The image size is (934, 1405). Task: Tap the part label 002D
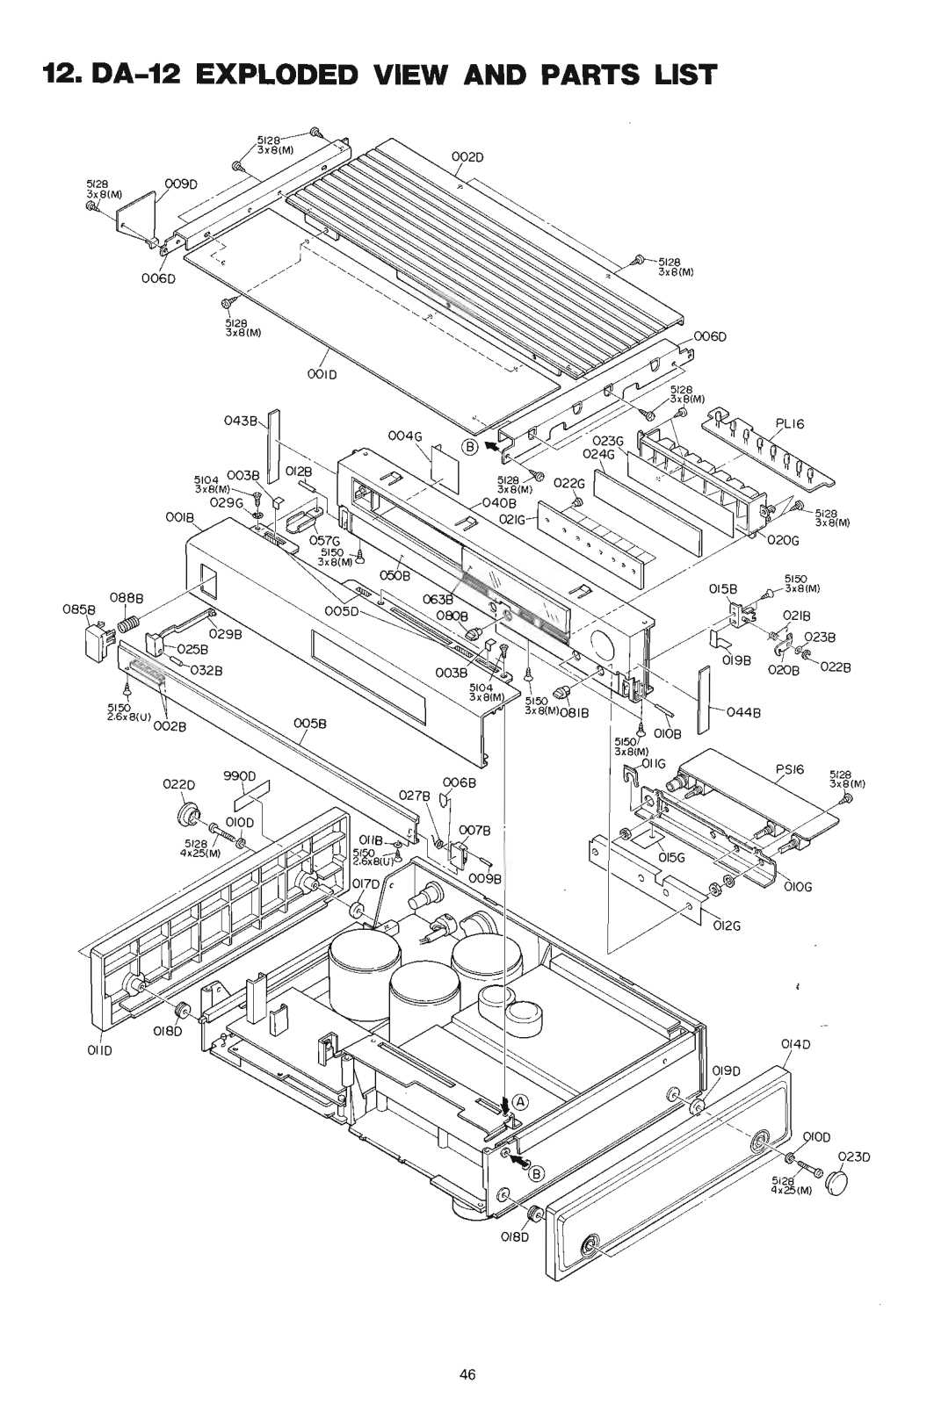click(469, 157)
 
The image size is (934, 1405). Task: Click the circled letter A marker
click(520, 1100)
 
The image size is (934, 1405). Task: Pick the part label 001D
click(322, 373)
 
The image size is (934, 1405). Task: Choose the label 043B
click(241, 421)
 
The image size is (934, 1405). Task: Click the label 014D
click(795, 1044)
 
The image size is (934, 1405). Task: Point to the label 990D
click(238, 776)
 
